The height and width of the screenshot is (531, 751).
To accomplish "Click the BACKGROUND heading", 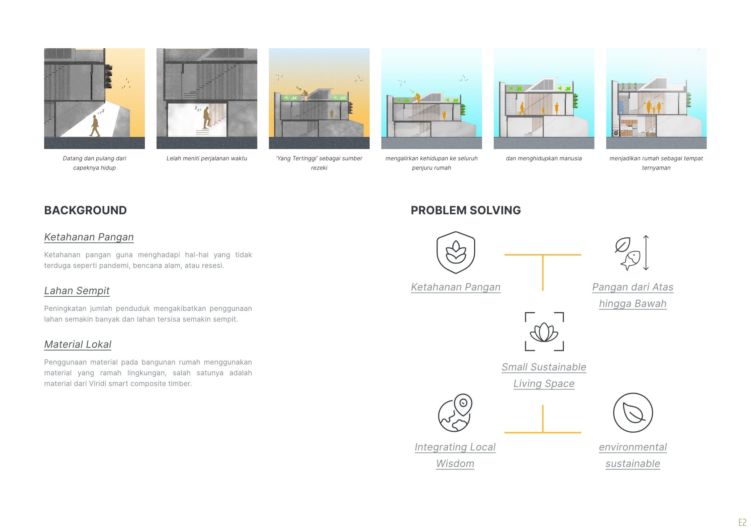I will tap(85, 210).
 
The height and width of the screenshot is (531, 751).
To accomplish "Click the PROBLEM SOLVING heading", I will tap(466, 210).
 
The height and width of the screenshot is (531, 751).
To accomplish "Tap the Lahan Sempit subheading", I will tap(77, 291).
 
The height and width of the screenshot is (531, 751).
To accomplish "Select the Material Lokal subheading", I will tap(78, 344).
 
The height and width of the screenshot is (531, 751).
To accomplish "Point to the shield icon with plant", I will tap(456, 252).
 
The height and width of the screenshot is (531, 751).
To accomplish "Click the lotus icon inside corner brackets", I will tap(544, 331).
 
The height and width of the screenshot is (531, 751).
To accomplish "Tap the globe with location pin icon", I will tap(455, 413).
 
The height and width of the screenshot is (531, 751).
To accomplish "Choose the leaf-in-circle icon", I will tap(633, 412).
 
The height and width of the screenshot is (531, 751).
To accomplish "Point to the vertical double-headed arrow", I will tap(646, 253).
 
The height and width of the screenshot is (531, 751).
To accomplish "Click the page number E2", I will tap(742, 522).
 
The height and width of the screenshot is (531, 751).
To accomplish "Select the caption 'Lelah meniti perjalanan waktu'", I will tap(207, 158).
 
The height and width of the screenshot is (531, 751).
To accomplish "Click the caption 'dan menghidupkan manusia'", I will tap(544, 158).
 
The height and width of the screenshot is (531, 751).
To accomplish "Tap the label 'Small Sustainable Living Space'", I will tap(544, 375).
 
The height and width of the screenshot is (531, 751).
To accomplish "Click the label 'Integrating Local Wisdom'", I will tap(455, 455).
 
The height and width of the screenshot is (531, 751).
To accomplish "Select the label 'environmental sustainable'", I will tap(633, 455).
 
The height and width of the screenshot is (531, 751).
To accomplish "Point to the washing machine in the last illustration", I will tap(616, 133).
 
